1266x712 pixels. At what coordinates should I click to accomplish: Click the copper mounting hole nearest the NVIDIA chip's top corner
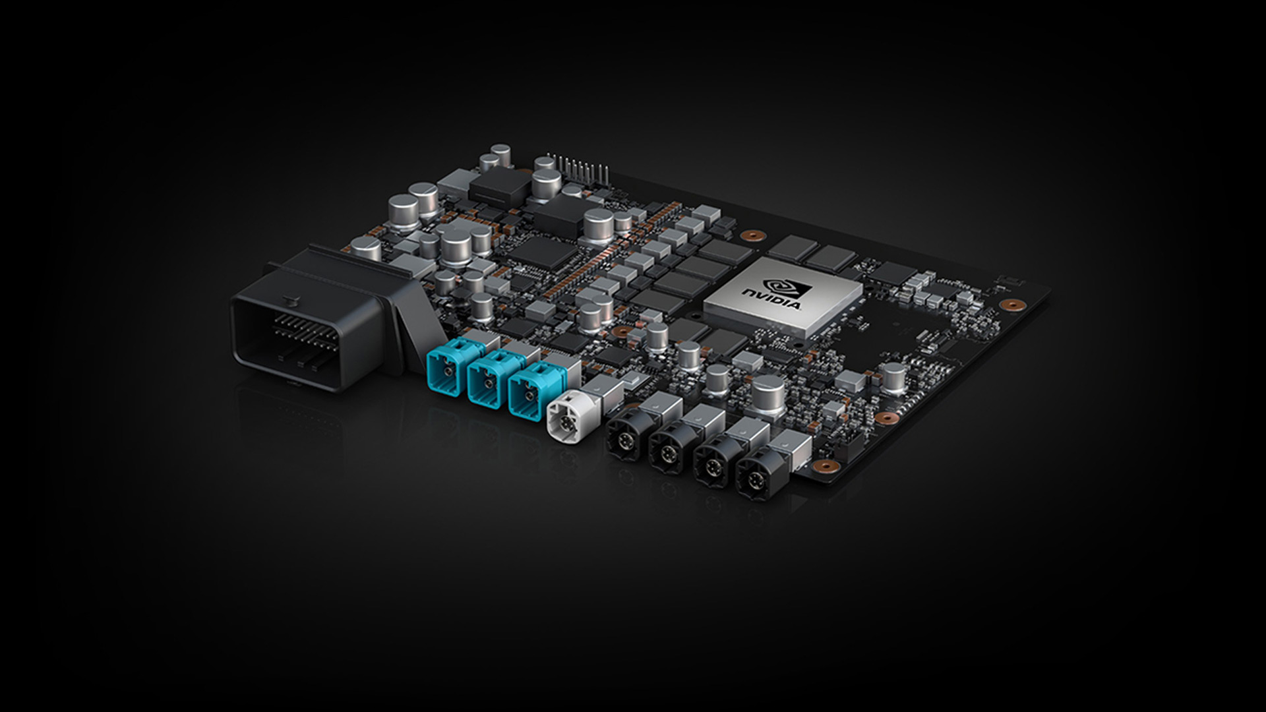click(751, 235)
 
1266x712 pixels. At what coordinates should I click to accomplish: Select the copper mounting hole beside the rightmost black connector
click(821, 466)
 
